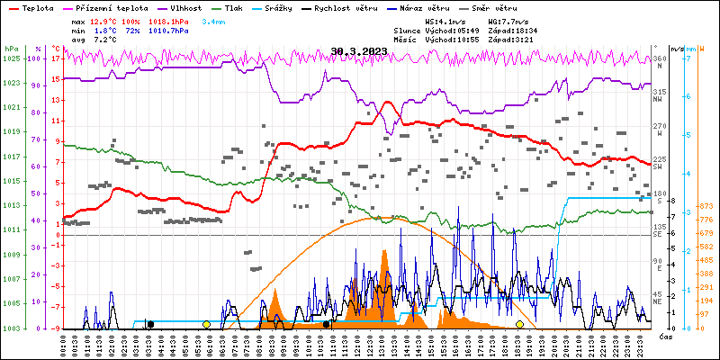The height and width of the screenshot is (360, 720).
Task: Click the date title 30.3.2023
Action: click(359, 51)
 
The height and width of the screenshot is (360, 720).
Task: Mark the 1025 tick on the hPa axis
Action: click(11, 58)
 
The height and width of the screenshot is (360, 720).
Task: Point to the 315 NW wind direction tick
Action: click(659, 93)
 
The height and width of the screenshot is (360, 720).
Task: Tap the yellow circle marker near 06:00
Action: click(206, 324)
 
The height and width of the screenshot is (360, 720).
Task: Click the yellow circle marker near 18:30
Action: click(519, 324)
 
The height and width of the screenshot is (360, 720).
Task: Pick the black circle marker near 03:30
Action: click(150, 324)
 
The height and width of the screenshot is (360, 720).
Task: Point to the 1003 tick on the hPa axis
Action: click(11, 328)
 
